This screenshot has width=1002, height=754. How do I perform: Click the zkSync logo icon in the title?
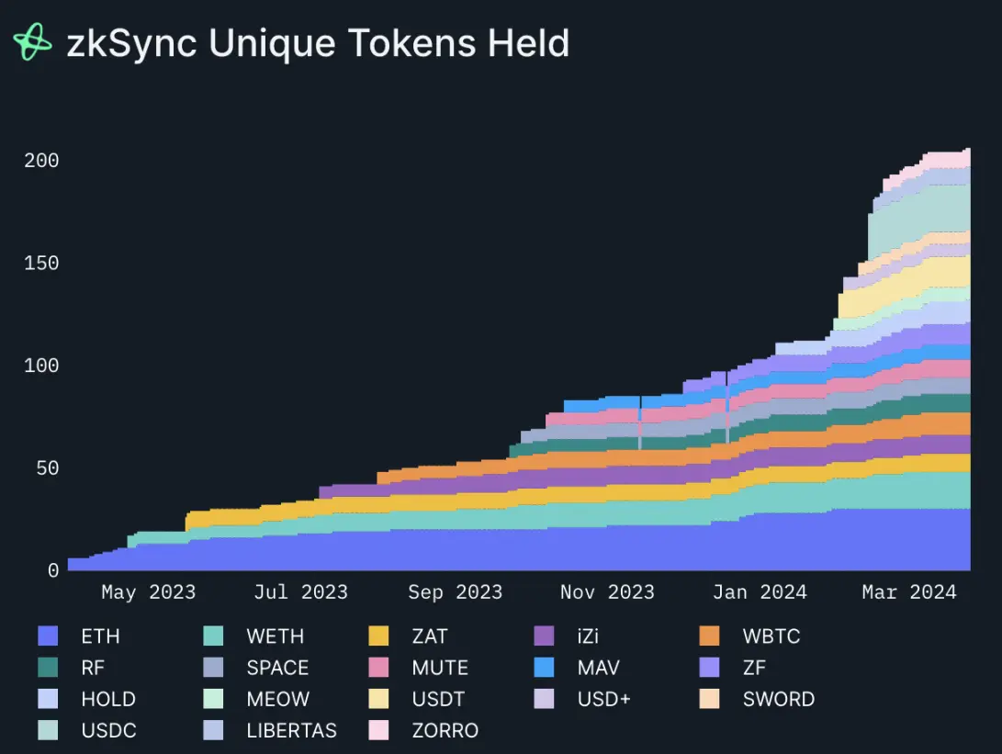click(x=33, y=43)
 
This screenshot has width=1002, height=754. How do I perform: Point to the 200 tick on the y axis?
click(x=41, y=161)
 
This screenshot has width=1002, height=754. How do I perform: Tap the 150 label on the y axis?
click(x=41, y=264)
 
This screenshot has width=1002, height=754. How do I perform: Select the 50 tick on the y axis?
click(x=47, y=468)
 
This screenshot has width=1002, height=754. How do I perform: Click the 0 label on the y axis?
click(x=53, y=570)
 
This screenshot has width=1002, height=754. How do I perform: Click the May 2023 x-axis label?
click(x=148, y=592)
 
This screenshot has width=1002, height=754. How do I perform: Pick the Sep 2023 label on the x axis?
click(x=455, y=592)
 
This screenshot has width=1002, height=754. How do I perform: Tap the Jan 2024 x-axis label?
click(x=760, y=592)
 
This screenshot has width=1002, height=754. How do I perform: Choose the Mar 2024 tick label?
click(x=908, y=592)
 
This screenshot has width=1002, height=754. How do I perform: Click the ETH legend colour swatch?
click(x=48, y=636)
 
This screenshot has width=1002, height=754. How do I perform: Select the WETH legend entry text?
click(x=275, y=636)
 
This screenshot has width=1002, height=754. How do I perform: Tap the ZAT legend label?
click(x=430, y=636)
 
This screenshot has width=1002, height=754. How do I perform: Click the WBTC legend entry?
click(x=771, y=636)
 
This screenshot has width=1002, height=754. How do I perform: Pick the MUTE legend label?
click(x=440, y=668)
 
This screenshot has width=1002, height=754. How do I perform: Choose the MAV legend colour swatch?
click(x=544, y=668)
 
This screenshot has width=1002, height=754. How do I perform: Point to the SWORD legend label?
click(x=778, y=699)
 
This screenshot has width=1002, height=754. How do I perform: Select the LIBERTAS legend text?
click(x=291, y=730)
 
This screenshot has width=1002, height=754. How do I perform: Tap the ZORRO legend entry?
click(x=445, y=730)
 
